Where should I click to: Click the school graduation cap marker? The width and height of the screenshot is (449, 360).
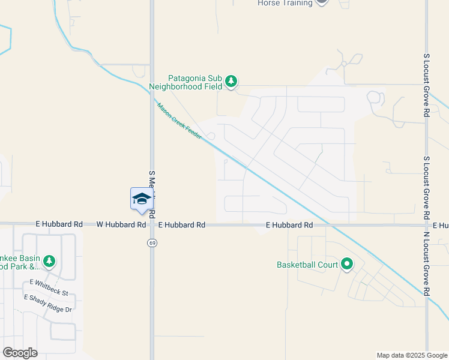tap(142, 200)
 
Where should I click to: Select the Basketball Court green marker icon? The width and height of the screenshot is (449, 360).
tap(346, 263)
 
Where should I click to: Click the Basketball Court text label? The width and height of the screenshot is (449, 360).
tap(307, 264)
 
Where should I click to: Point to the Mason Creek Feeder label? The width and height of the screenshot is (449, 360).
tap(179, 122)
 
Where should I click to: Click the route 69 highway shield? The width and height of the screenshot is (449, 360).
tap(152, 242)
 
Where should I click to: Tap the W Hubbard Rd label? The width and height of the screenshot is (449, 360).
tap(121, 224)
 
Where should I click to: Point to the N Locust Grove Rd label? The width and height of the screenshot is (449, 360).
tap(426, 263)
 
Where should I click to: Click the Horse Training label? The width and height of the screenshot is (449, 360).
tap(285, 3)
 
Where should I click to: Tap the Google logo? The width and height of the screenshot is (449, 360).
tap(20, 353)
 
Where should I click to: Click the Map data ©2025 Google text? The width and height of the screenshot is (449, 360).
tap(411, 355)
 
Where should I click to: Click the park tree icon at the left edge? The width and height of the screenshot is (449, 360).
tap(49, 261)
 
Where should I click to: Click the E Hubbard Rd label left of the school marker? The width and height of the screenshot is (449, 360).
tap(59, 224)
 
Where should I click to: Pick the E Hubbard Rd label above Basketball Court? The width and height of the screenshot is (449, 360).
tap(290, 225)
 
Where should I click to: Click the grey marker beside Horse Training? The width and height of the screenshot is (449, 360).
tap(322, 2)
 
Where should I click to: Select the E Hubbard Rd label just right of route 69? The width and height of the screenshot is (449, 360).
tap(182, 224)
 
